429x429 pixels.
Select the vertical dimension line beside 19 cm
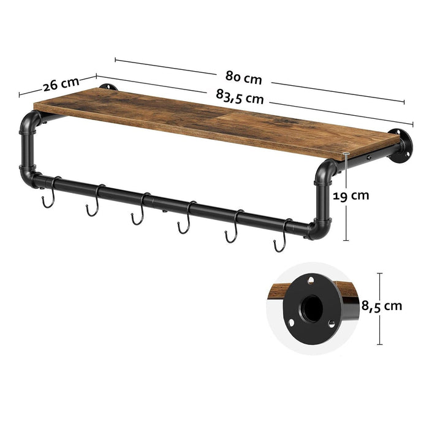point(348,196)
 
